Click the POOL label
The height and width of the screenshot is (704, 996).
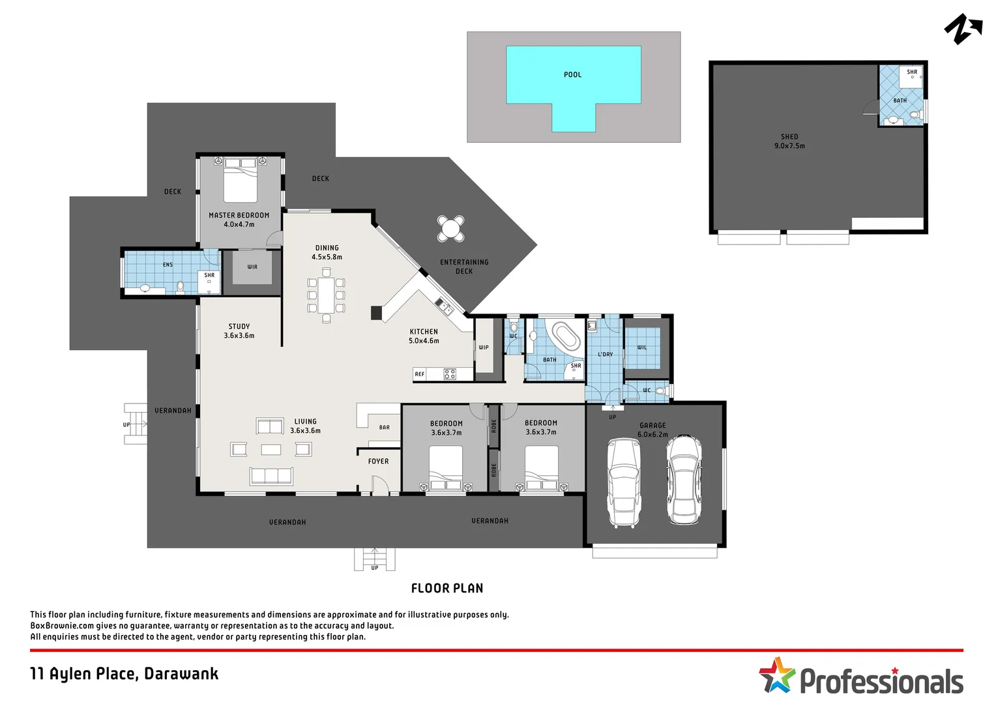coord(572,74)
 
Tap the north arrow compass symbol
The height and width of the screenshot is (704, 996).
coord(962,29)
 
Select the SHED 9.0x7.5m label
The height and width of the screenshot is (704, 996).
coord(789,141)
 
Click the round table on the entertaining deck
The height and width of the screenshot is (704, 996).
coord(450,228)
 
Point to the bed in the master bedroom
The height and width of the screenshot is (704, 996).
coord(241,181)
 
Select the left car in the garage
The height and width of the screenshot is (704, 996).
coord(624,482)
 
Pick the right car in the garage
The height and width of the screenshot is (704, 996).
coord(684,479)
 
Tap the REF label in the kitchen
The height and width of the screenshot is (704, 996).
coord(420,374)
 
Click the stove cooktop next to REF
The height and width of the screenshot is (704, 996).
coord(450,374)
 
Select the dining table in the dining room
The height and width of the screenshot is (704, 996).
coord(326,296)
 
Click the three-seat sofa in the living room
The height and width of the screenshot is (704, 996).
coord(271,476)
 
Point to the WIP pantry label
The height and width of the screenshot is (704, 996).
coord(484,347)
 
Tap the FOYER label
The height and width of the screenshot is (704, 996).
coord(378,462)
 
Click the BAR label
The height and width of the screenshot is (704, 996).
coord(385,428)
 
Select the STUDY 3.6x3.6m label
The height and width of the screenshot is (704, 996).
coord(239,331)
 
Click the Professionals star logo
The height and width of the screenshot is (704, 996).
coord(777,675)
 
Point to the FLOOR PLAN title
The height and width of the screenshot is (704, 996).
coord(447,588)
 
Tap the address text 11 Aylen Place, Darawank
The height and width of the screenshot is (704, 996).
coord(124,673)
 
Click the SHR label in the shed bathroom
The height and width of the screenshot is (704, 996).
coord(912,72)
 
